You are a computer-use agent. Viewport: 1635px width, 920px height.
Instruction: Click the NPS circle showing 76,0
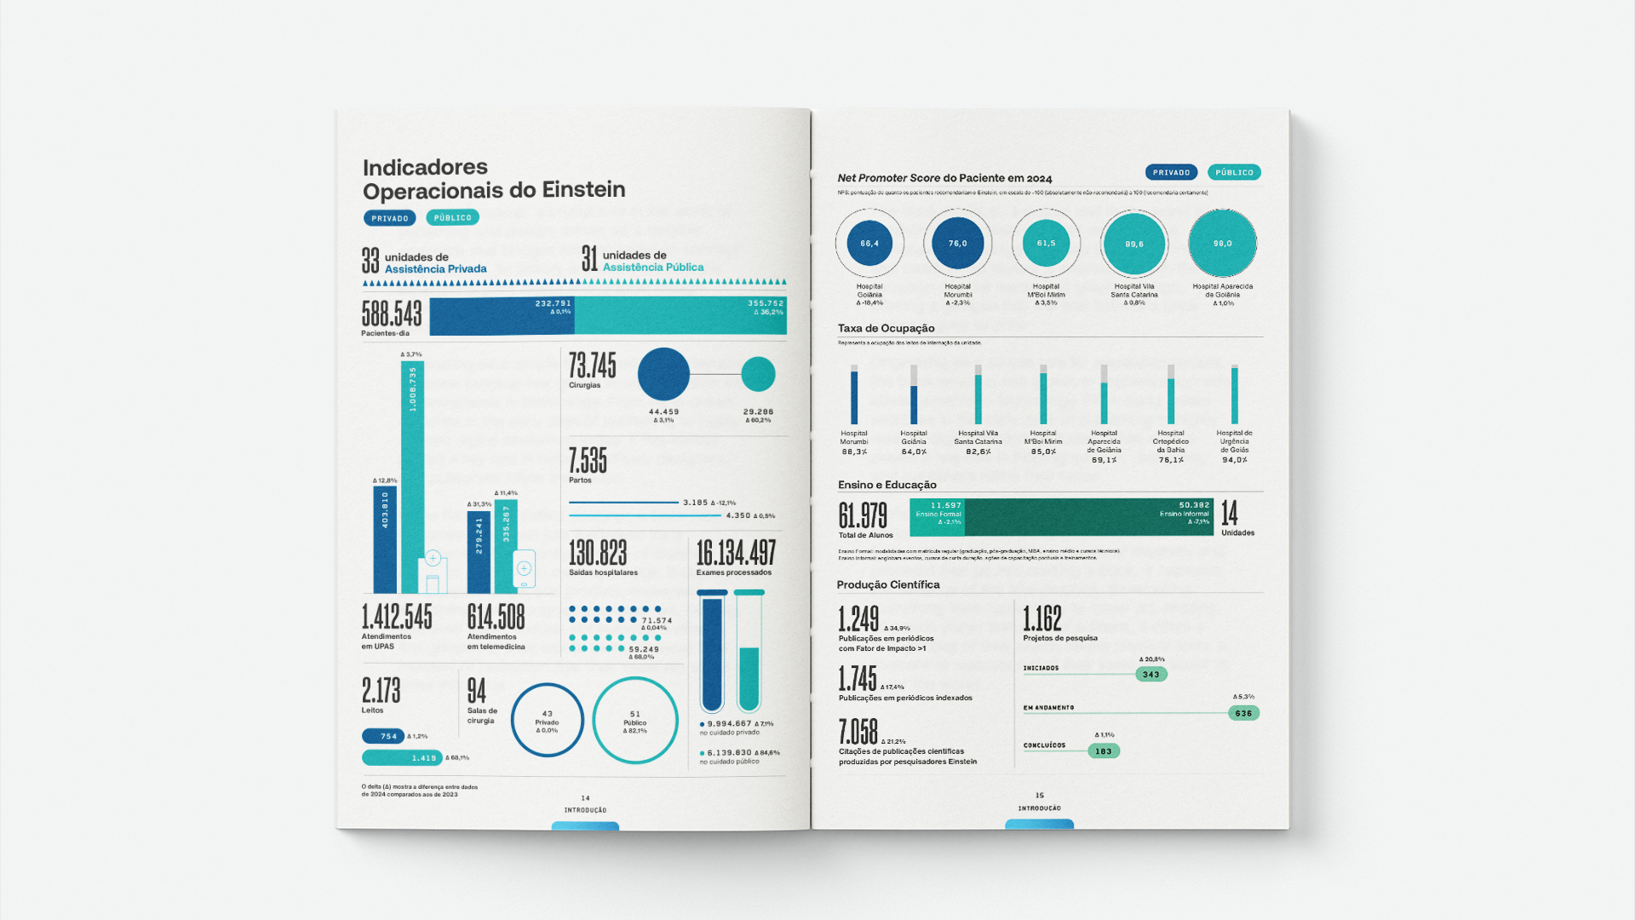(957, 244)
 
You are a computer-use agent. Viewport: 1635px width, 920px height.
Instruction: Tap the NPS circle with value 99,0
(1222, 244)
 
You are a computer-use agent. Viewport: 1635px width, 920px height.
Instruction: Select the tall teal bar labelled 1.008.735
(413, 477)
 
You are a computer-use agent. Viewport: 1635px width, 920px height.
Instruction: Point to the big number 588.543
(392, 313)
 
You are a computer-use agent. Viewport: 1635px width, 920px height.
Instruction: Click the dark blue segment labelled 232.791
(502, 316)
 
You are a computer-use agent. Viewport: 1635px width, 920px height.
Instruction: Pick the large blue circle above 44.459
(663, 374)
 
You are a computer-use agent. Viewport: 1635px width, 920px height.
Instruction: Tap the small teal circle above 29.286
(758, 374)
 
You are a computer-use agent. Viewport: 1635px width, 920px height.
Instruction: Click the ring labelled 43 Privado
(548, 720)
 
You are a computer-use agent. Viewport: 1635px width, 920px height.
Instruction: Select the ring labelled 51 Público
(635, 720)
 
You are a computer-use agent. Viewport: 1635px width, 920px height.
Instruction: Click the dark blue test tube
(712, 652)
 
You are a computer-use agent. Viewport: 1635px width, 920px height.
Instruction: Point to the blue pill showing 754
(383, 736)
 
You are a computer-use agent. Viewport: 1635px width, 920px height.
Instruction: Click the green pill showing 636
(1243, 713)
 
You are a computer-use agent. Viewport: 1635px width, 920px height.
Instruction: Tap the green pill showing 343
(1150, 674)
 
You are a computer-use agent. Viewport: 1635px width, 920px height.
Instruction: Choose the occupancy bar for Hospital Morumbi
(854, 396)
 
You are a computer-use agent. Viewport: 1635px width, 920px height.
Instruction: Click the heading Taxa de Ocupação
(886, 328)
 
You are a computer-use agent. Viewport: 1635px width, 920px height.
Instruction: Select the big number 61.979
(863, 515)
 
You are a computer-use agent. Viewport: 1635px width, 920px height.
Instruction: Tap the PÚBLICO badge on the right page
(1234, 172)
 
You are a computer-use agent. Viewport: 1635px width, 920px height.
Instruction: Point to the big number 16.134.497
(736, 553)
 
